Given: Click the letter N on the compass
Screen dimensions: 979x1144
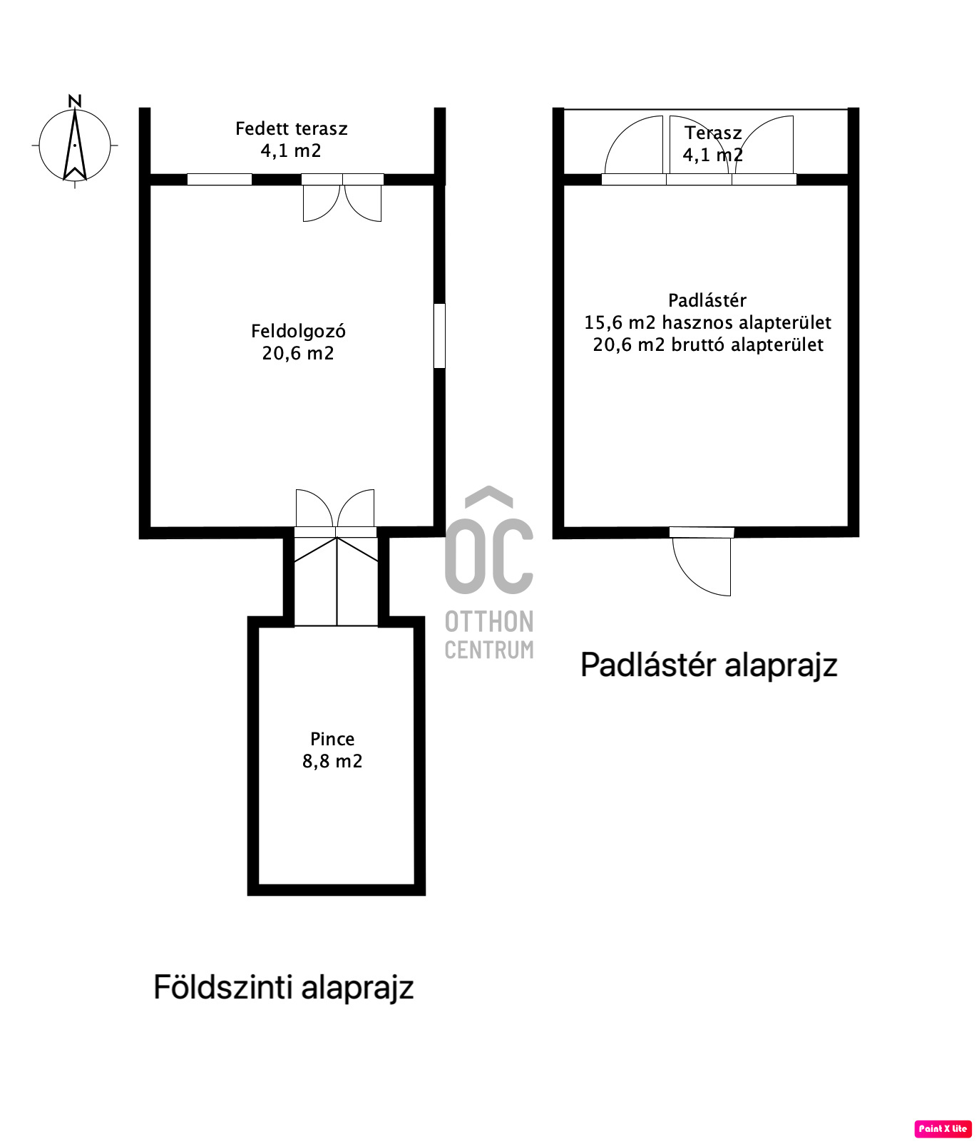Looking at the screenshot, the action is click(75, 101).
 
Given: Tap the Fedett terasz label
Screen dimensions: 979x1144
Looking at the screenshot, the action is click(292, 128).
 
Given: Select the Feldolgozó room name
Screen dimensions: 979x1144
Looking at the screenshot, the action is click(298, 331).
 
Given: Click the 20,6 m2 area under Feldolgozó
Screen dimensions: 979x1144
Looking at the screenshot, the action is click(298, 353).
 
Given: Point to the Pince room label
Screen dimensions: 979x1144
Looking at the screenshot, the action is click(332, 739).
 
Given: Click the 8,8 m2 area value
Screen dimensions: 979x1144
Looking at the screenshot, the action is click(332, 761).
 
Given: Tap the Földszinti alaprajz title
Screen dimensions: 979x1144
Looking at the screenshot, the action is click(284, 988).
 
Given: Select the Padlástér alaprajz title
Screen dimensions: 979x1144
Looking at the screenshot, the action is click(709, 665).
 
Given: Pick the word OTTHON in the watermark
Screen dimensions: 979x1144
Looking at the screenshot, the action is click(489, 622).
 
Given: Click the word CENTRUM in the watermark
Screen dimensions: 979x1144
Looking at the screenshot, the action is click(489, 650).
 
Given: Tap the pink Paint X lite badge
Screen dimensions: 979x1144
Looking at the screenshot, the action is click(943, 1128).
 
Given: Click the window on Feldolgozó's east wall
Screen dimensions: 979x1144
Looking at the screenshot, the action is click(440, 336).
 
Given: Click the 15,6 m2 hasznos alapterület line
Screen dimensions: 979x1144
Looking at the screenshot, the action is click(708, 322).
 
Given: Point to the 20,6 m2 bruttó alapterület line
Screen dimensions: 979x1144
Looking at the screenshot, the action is click(708, 344).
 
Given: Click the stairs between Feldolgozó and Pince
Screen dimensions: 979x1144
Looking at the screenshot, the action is click(336, 581).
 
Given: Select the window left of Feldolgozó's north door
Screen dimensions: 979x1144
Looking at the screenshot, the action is click(220, 179).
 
